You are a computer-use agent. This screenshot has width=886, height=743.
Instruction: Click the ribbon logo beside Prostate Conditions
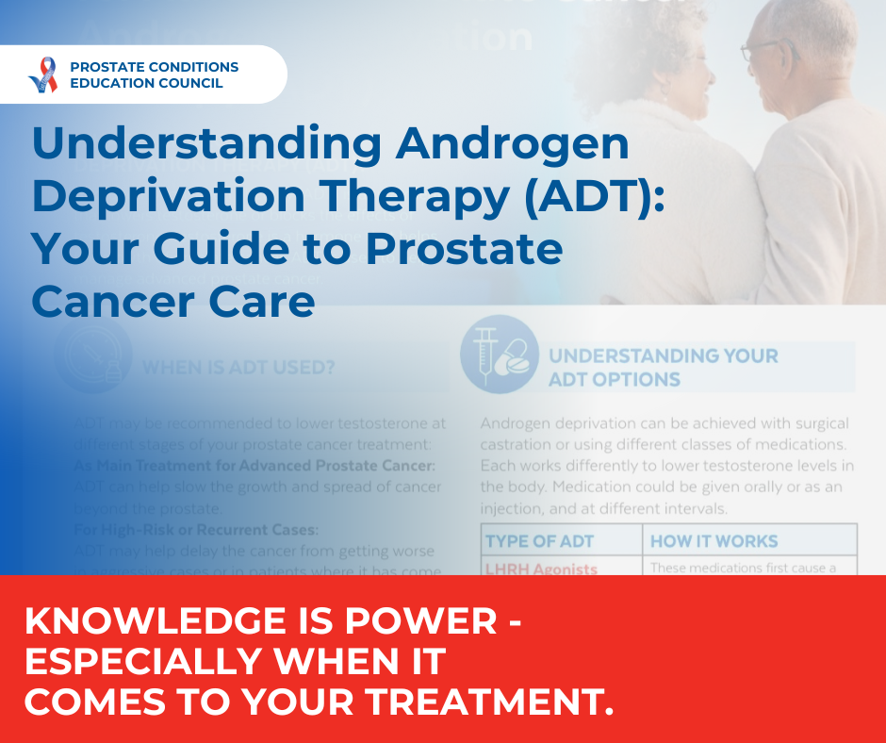click(43, 74)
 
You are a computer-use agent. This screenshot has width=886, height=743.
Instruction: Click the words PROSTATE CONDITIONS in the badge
click(155, 67)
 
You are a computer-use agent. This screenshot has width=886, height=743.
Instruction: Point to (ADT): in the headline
click(582, 197)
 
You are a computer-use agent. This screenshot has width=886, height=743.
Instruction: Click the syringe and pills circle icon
click(499, 354)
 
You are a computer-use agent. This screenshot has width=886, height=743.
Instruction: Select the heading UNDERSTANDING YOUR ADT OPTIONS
click(664, 368)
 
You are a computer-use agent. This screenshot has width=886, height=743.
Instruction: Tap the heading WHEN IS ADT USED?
click(238, 368)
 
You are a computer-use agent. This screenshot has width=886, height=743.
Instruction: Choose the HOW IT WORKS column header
click(714, 541)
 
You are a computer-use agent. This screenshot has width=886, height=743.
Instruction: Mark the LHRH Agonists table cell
click(541, 568)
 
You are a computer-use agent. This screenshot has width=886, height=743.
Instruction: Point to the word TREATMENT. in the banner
click(481, 702)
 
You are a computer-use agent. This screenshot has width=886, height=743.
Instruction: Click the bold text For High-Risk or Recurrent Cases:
click(197, 529)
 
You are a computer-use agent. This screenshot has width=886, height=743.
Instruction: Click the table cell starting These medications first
click(749, 567)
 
